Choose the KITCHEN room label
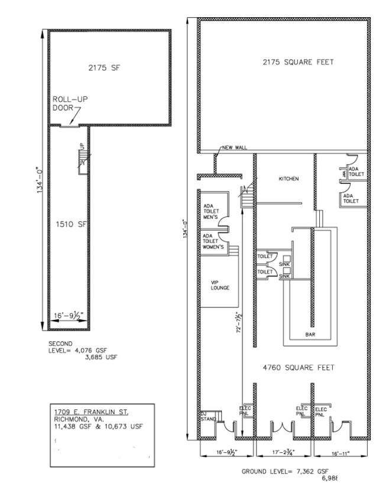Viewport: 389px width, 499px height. coord(289,179)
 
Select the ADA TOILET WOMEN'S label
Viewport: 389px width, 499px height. coord(212,242)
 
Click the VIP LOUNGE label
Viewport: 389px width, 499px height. coord(220,286)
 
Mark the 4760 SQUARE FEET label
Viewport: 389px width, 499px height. coord(299,367)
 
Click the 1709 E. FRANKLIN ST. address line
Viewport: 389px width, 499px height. coord(91,411)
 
